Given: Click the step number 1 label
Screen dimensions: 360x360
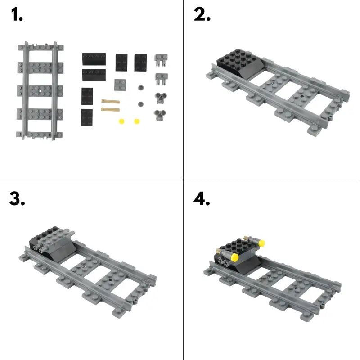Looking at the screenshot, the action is click(x=17, y=14).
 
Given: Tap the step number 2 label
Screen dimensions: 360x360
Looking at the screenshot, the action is click(x=202, y=14).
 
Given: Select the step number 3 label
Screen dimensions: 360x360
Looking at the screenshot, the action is click(x=17, y=198).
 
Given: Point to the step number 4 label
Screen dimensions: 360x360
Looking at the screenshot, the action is click(x=202, y=198).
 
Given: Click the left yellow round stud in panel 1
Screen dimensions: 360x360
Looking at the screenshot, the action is click(x=121, y=121).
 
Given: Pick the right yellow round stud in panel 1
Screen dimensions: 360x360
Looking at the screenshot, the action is click(x=137, y=121).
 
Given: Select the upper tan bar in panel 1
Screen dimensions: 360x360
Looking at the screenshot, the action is click(x=111, y=101).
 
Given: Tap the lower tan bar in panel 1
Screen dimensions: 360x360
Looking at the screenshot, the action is click(x=110, y=109).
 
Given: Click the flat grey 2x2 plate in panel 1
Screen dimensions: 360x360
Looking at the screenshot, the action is click(x=120, y=85).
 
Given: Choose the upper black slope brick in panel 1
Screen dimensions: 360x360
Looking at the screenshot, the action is click(x=94, y=59).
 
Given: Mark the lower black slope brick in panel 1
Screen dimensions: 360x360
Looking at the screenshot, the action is click(x=94, y=75).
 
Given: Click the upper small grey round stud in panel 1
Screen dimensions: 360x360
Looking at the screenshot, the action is click(x=141, y=88).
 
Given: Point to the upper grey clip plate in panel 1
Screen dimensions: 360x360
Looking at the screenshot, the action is click(x=161, y=60).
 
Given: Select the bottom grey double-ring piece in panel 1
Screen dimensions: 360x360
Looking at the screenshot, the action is click(x=161, y=115).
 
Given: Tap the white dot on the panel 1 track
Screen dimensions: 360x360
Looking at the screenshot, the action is click(x=40, y=91).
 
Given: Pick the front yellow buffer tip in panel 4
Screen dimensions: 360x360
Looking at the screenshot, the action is click(x=234, y=257).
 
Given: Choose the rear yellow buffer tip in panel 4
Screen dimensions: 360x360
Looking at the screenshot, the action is click(x=261, y=243).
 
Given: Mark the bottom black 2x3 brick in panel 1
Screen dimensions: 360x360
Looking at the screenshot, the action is click(x=87, y=117).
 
